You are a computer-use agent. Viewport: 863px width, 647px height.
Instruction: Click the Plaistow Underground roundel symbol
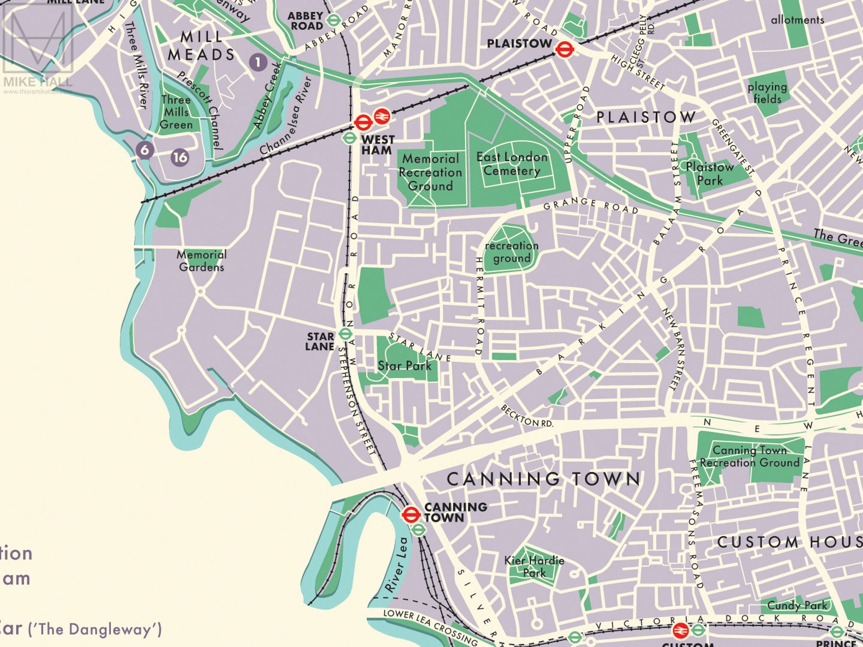click(x=565, y=49)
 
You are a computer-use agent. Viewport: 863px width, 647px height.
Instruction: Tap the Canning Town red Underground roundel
click(x=410, y=513)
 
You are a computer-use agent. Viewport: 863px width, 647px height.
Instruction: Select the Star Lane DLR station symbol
click(x=345, y=333)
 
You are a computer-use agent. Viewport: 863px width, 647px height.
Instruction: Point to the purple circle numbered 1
click(x=258, y=62)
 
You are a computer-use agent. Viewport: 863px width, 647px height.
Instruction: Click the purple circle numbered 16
click(x=180, y=158)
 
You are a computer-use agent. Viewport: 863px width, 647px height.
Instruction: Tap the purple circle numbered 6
click(x=144, y=149)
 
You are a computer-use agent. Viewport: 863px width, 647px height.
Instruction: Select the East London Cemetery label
click(x=512, y=164)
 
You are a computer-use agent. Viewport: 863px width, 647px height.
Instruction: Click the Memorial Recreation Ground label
click(x=430, y=172)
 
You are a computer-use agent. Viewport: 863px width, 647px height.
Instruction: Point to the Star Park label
click(x=405, y=366)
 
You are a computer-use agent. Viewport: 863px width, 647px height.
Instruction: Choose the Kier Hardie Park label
click(x=534, y=566)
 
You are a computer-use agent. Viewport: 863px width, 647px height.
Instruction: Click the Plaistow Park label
click(x=710, y=173)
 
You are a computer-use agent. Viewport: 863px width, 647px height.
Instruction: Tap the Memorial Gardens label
click(x=201, y=260)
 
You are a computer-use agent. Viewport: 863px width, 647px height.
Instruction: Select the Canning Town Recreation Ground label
click(x=749, y=456)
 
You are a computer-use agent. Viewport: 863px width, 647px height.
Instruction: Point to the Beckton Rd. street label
click(x=527, y=416)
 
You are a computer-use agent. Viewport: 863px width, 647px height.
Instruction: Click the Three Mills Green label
click(x=176, y=112)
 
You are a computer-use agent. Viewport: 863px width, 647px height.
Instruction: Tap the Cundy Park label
click(x=797, y=605)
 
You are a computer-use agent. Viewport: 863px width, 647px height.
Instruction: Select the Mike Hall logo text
click(x=38, y=81)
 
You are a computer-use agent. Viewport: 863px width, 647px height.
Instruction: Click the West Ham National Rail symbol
click(x=382, y=115)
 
